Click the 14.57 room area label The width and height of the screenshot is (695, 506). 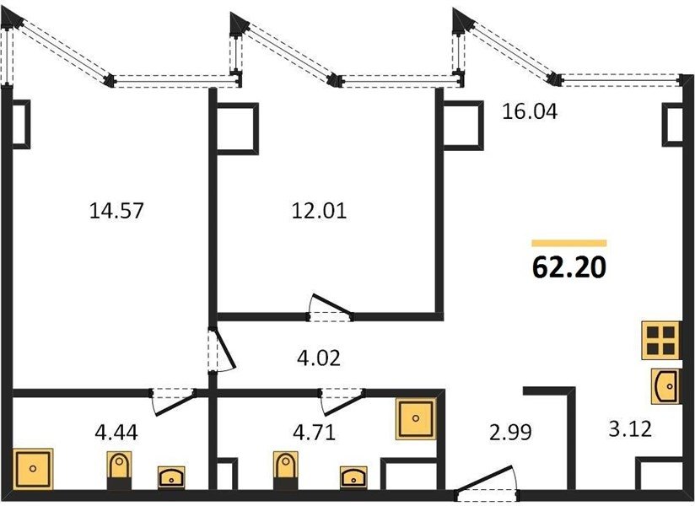(116, 211)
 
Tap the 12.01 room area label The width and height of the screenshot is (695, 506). (319, 211)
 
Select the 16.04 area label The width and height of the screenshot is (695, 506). (530, 111)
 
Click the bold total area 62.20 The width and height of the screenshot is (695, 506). (569, 267)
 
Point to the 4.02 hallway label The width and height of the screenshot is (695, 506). (319, 358)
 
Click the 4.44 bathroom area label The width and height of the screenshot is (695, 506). (116, 433)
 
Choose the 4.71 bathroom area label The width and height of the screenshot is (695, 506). (315, 433)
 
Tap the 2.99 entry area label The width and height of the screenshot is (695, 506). (510, 433)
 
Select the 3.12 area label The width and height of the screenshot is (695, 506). (630, 429)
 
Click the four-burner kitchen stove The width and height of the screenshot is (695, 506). (661, 341)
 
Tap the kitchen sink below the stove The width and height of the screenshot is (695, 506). (665, 386)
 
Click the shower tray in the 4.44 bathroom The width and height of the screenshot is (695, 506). (33, 469)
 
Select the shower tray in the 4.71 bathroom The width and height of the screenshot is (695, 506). (416, 418)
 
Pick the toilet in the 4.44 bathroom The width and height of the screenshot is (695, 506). (119, 471)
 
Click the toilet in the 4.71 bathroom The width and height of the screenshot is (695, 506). (286, 471)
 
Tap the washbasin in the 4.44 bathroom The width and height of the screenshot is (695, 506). (171, 477)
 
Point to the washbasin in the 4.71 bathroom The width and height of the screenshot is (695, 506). (353, 477)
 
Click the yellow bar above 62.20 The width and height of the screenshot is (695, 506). (569, 243)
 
